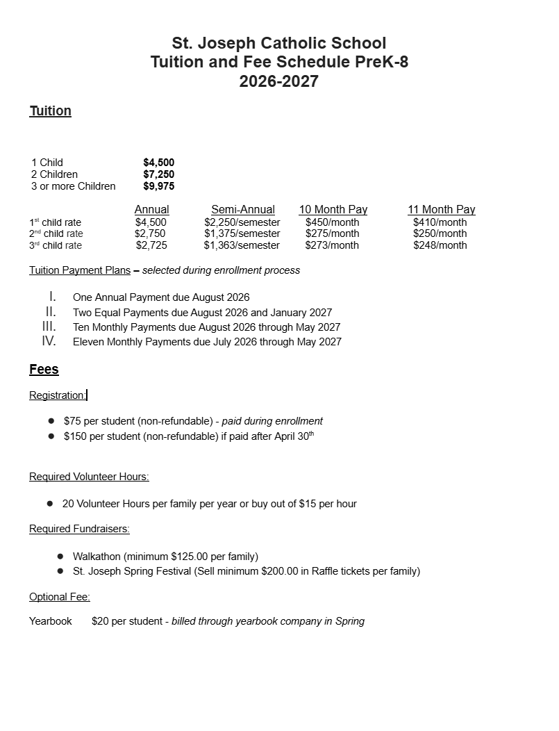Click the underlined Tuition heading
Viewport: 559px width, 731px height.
pyautogui.click(x=50, y=111)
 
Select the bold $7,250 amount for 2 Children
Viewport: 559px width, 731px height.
pyautogui.click(x=158, y=174)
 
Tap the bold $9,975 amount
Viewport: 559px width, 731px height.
pyautogui.click(x=158, y=186)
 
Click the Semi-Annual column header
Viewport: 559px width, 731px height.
pyautogui.click(x=243, y=210)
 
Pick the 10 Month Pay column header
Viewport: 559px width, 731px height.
pyautogui.click(x=333, y=210)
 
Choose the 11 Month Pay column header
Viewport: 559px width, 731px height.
pyautogui.click(x=442, y=210)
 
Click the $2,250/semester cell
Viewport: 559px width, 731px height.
pyautogui.click(x=242, y=222)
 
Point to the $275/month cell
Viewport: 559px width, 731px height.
pyautogui.click(x=333, y=234)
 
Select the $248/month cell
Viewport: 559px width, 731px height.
pyautogui.click(x=440, y=245)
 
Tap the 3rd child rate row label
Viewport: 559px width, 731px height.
pyautogui.click(x=56, y=245)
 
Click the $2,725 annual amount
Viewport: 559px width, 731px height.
pyautogui.click(x=151, y=245)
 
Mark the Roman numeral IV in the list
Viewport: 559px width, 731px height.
pyautogui.click(x=49, y=341)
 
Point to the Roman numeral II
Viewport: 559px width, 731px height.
pyautogui.click(x=51, y=312)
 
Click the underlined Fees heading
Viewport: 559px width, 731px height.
pyautogui.click(x=44, y=370)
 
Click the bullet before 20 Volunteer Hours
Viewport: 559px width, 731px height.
pyautogui.click(x=50, y=503)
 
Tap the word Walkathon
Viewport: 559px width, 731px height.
pyautogui.click(x=97, y=557)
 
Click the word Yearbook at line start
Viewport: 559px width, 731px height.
pyautogui.click(x=51, y=621)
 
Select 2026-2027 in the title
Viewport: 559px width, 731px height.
pyautogui.click(x=279, y=81)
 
